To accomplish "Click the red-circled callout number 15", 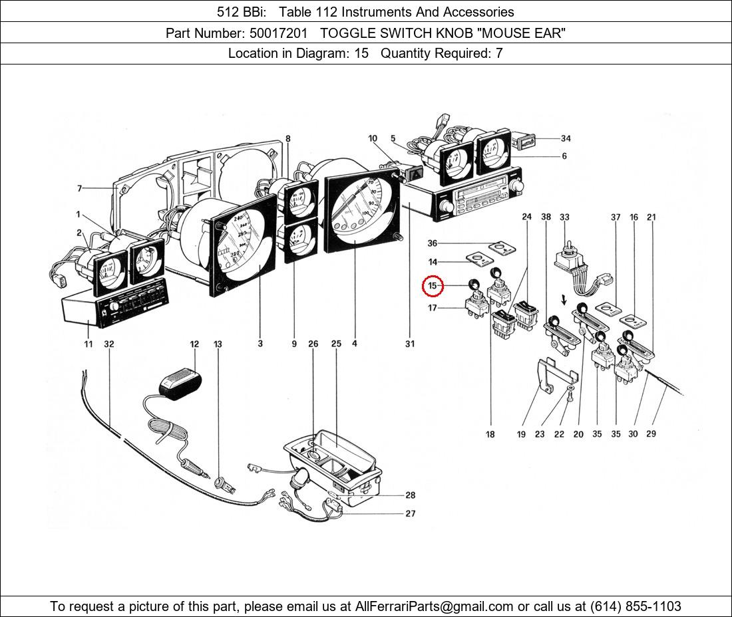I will point(433,286).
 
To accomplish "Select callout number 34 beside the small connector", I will point(565,138).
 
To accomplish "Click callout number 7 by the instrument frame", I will point(79,189).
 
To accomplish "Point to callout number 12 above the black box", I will point(194,344).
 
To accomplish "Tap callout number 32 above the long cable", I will point(109,344).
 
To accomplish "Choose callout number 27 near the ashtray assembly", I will point(410,513).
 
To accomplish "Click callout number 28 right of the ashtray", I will point(410,495).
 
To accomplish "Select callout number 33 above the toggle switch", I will point(564,217).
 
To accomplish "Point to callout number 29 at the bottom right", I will point(651,434).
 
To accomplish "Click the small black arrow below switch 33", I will point(564,301).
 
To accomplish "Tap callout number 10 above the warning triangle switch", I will point(373,138).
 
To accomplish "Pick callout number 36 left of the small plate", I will point(433,243).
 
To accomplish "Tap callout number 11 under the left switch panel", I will point(89,344).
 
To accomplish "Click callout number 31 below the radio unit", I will point(410,344).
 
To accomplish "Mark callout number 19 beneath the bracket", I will point(521,434).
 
